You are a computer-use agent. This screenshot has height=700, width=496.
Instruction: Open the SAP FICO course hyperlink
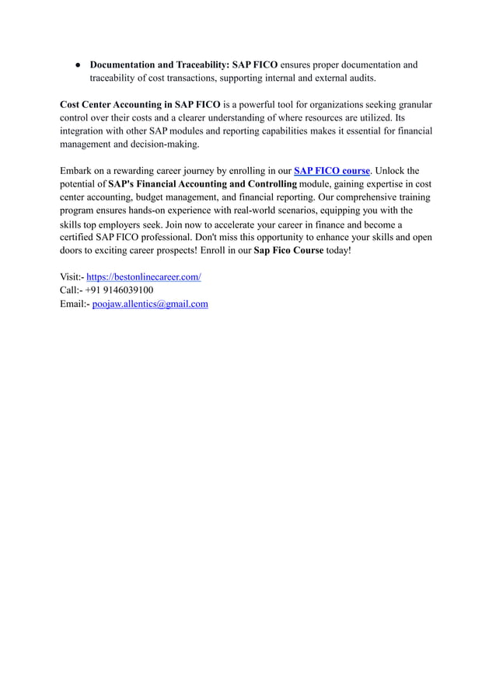pyautogui.click(x=331, y=170)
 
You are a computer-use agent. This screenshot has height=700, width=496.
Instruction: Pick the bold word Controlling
pyautogui.click(x=262, y=183)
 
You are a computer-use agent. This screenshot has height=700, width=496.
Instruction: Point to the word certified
pyautogui.click(x=77, y=237)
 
